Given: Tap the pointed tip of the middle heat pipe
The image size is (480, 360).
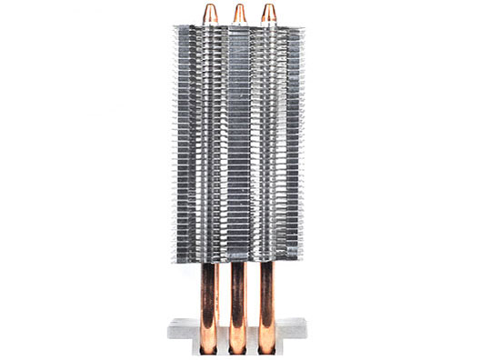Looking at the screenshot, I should [x=240, y=6].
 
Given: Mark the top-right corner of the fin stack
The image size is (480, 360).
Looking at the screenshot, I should [x=305, y=25].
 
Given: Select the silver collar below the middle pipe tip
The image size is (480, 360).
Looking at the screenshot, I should [x=240, y=24].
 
